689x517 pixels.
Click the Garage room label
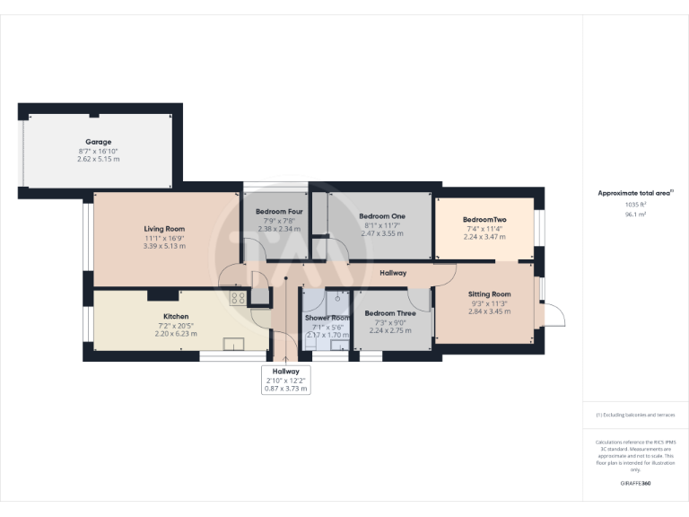(99, 142)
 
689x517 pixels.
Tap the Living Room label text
(163, 229)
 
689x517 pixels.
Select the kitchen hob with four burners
(239, 299)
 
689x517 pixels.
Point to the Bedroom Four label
(275, 212)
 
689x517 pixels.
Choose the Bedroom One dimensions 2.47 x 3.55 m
(382, 233)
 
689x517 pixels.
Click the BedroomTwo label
(485, 220)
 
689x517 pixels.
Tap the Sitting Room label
(489, 294)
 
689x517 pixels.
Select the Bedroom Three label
(389, 313)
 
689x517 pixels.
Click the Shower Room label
(327, 318)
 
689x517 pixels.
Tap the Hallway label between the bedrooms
(393, 273)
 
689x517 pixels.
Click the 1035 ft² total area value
(635, 205)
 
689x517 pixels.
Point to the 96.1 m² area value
(635, 215)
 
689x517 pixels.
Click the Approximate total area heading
(634, 193)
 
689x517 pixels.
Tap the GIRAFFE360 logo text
(635, 484)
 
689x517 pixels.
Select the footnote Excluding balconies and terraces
(635, 415)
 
